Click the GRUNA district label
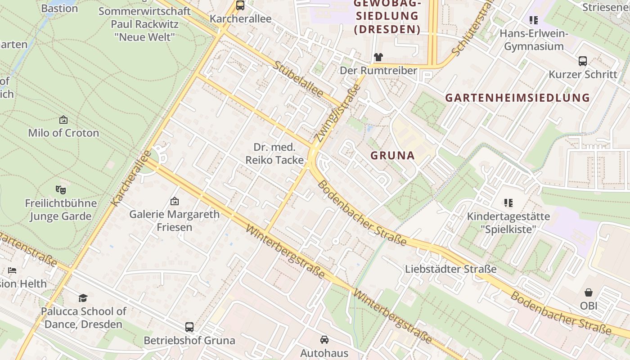(x=392, y=156)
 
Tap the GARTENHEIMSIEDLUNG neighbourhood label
(x=517, y=98)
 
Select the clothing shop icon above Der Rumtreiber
(x=378, y=57)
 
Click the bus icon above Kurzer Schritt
(x=583, y=61)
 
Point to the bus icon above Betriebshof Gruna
(x=189, y=327)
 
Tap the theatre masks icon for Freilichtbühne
(x=61, y=189)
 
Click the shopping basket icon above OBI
(x=589, y=292)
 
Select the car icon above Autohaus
(x=324, y=339)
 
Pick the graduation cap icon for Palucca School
(x=83, y=298)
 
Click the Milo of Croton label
(x=63, y=133)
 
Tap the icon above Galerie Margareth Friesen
(x=174, y=201)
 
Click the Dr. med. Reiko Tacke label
(x=274, y=153)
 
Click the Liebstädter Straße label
(x=451, y=269)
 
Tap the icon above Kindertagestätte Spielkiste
(x=508, y=203)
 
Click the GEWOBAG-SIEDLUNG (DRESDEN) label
(x=387, y=17)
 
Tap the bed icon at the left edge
(x=12, y=270)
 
